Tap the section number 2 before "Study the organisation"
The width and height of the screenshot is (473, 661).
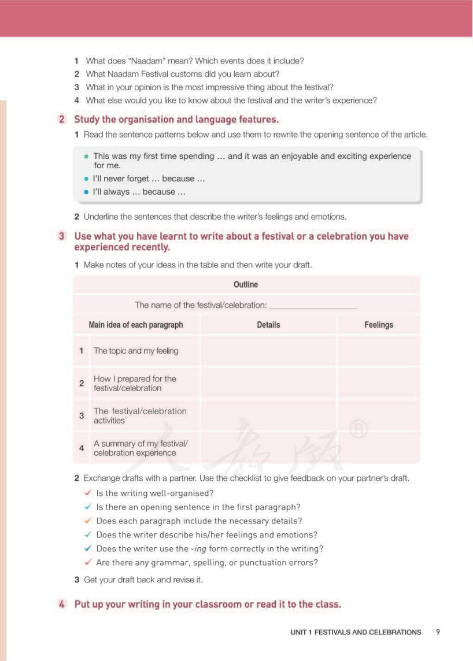62,120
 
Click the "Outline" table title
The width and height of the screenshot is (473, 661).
246,285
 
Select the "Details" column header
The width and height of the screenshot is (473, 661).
268,325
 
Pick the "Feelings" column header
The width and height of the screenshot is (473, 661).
379,325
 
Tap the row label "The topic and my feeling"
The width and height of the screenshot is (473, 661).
136,351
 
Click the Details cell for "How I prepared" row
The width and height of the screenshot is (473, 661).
268,384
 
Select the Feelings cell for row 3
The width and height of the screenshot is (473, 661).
379,416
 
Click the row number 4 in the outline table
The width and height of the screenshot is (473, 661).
82,448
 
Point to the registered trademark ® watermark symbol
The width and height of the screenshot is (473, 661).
359,430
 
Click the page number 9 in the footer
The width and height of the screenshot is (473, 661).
438,632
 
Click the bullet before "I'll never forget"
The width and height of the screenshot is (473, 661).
87,179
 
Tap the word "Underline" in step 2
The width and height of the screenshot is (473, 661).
101,217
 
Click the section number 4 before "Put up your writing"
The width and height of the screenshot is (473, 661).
62,604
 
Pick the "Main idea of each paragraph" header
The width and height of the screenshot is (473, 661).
136,325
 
